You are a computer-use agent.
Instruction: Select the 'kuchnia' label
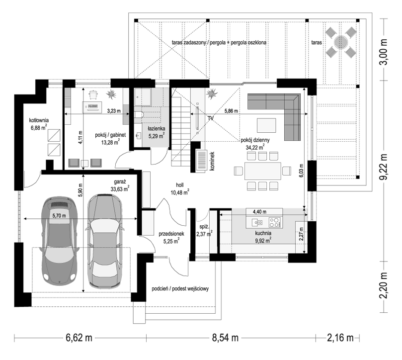click(263, 232)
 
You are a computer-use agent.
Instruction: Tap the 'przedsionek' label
click(171, 233)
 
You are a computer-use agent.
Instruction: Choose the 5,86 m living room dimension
click(231, 111)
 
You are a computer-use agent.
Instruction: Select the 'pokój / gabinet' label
click(110, 134)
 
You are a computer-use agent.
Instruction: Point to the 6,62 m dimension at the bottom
click(79, 338)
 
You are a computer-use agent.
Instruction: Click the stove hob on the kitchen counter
click(274, 221)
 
